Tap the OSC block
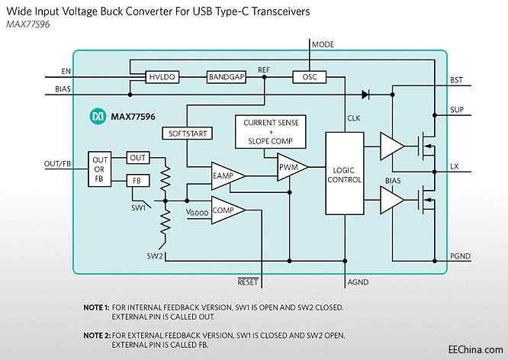tap(309, 77)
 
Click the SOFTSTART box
tap(187, 133)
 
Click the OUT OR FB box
tap(100, 169)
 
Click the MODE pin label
tap(323, 45)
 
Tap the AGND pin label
tap(358, 282)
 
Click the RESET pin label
tap(249, 282)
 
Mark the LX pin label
tap(455, 166)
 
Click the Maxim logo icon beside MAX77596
tap(97, 117)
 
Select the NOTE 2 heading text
tap(97, 335)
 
